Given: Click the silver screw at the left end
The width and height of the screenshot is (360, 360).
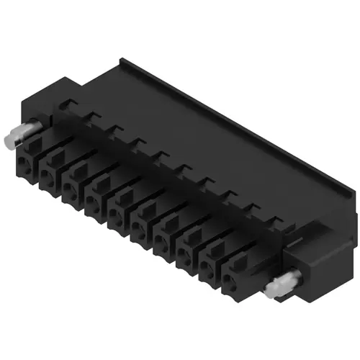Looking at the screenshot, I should coord(26,136).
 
